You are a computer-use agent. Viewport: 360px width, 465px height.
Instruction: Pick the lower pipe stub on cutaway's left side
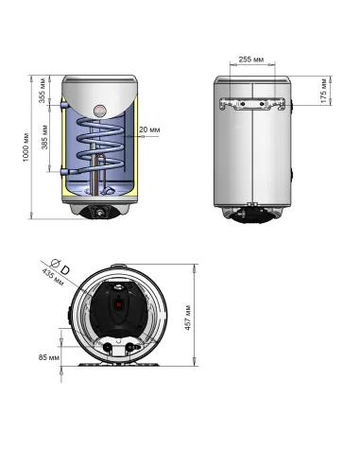tap(62, 173)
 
